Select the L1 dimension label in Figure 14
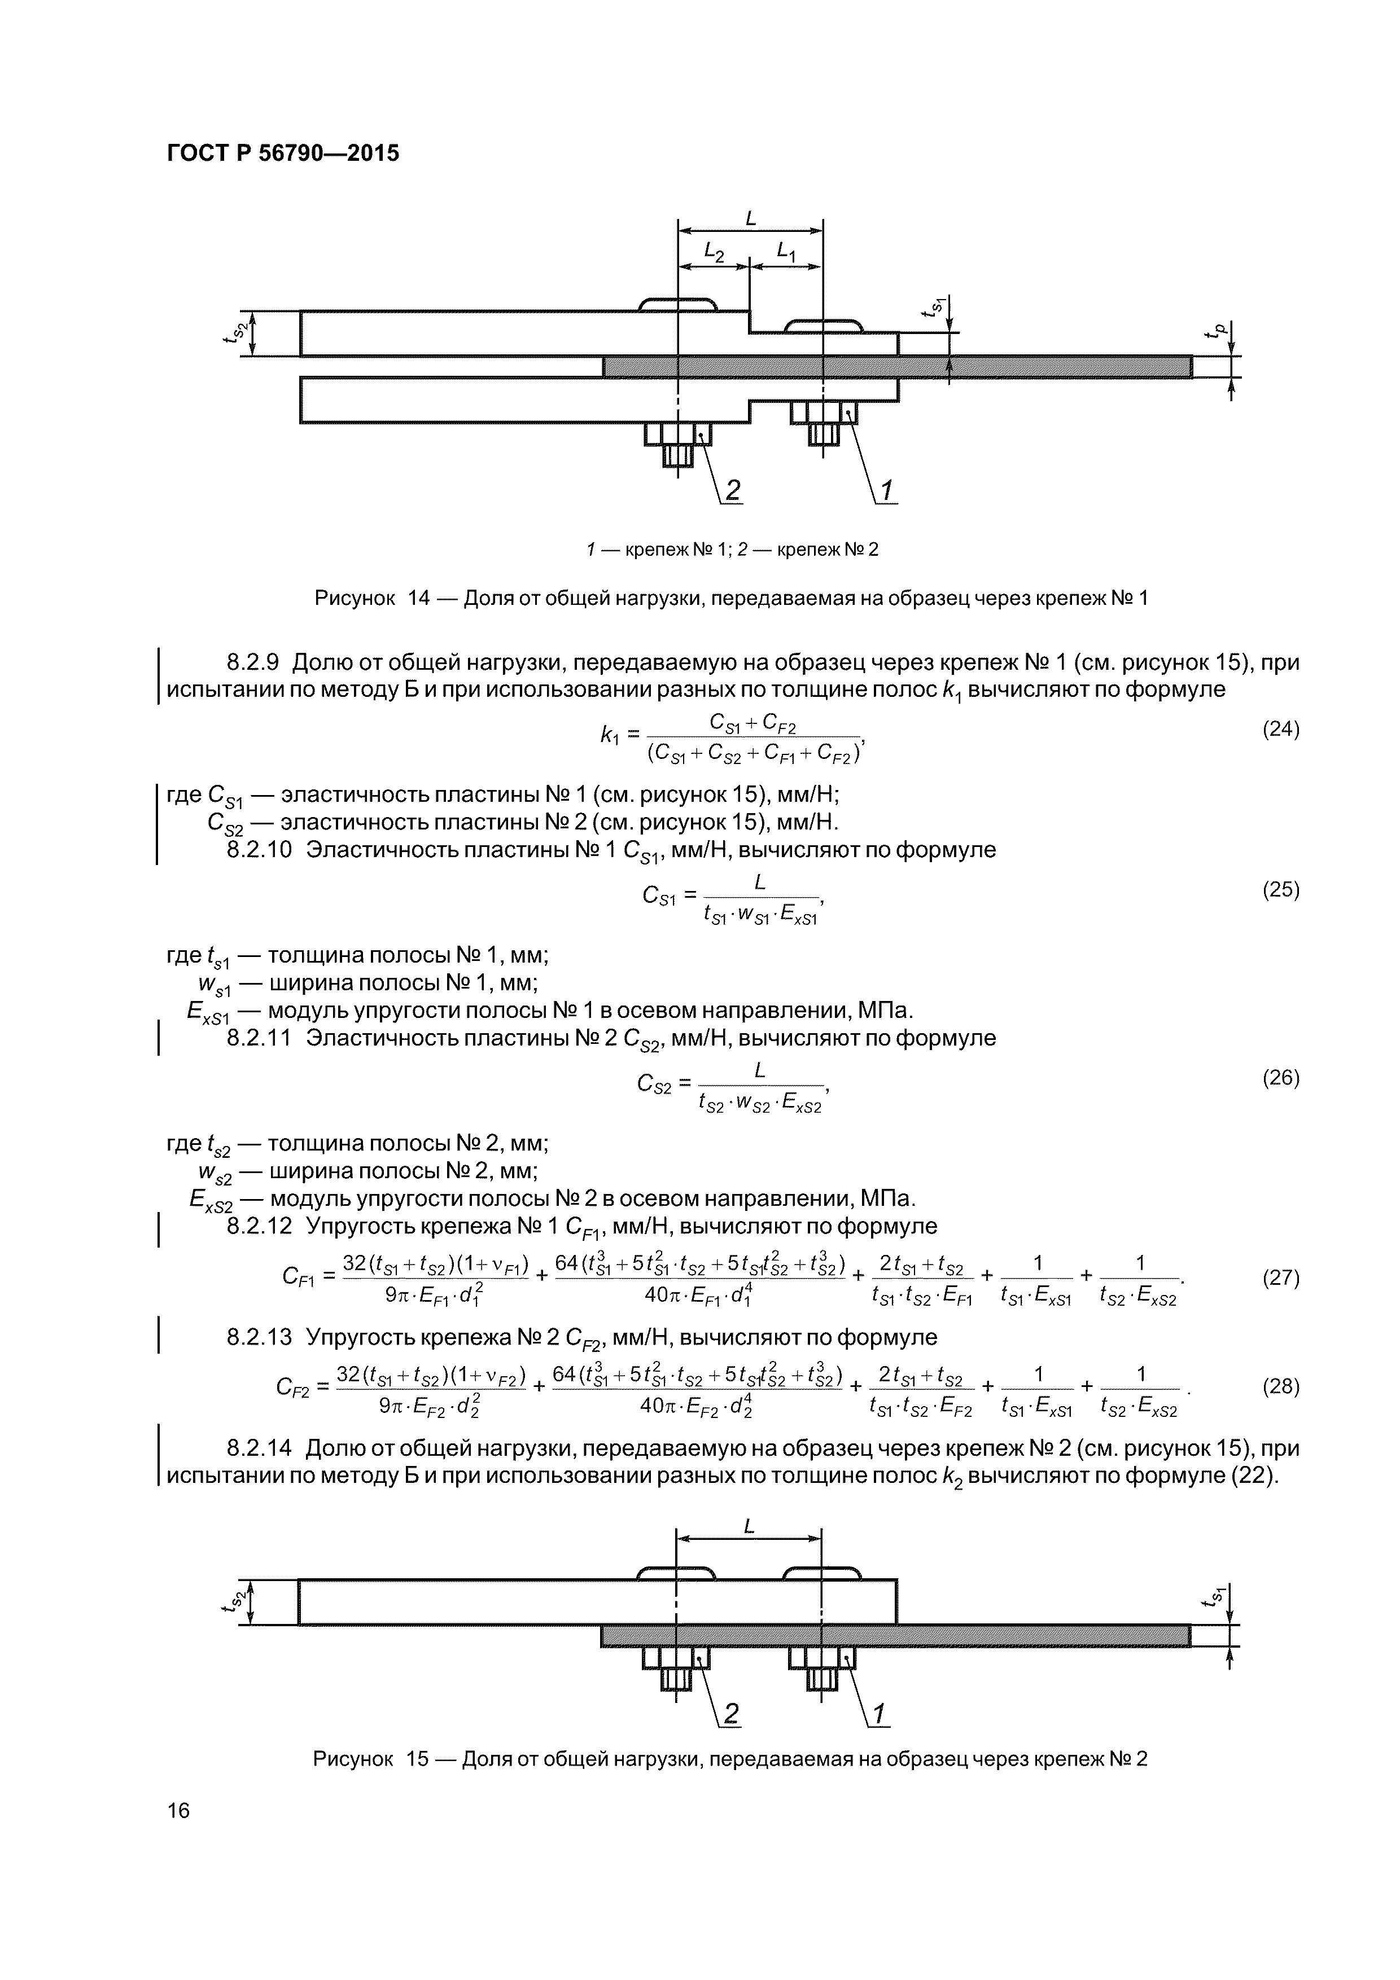coord(786,251)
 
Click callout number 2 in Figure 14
coord(732,490)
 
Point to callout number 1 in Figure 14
coord(886,490)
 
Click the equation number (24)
coord(1280,730)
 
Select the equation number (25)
coord(1280,890)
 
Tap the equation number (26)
coord(1280,1078)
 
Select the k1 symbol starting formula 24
coord(610,734)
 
